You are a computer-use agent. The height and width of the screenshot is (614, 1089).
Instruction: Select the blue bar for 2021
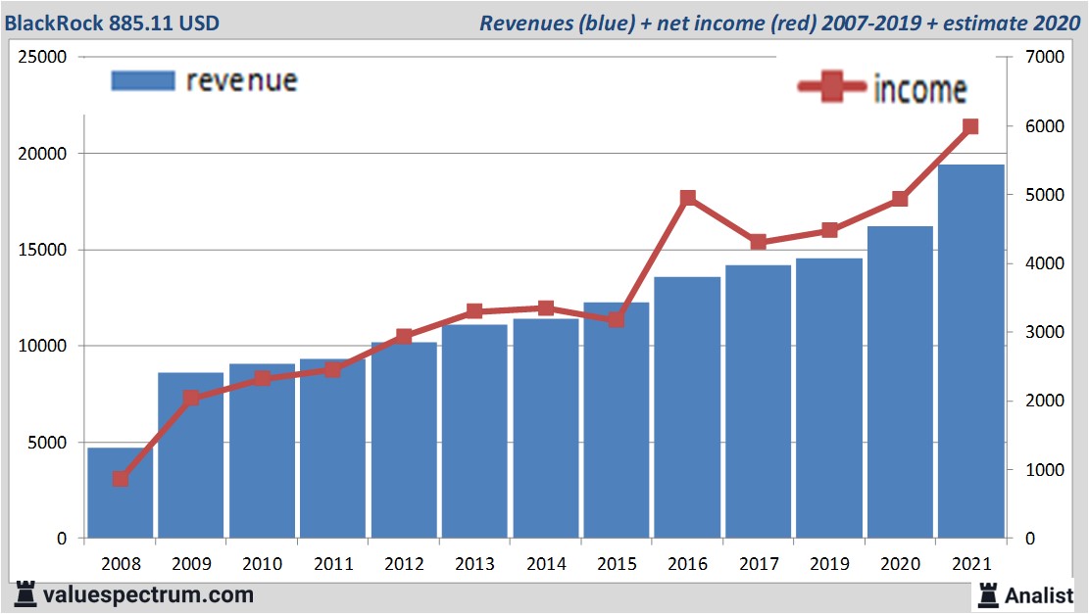click(970, 352)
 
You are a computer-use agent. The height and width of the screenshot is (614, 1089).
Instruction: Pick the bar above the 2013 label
click(474, 431)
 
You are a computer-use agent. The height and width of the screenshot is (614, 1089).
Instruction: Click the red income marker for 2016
click(687, 199)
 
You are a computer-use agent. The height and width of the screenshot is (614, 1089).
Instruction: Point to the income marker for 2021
click(970, 126)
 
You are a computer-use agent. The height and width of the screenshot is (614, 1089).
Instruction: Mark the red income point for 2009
click(191, 398)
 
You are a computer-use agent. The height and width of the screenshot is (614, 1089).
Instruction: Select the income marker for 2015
click(617, 319)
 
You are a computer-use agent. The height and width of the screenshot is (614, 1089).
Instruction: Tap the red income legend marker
click(832, 88)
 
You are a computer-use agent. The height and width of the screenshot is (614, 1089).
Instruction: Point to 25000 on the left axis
click(44, 57)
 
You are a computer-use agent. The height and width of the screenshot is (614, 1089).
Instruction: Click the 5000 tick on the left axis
click(48, 443)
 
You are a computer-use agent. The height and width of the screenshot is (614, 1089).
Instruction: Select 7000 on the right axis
click(1045, 57)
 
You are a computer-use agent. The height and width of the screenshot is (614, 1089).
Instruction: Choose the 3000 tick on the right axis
click(1045, 333)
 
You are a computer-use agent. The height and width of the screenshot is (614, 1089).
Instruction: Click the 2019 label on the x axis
click(829, 565)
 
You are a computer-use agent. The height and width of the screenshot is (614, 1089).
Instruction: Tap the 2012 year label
click(404, 565)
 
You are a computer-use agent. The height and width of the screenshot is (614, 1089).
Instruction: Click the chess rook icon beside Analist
click(987, 594)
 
